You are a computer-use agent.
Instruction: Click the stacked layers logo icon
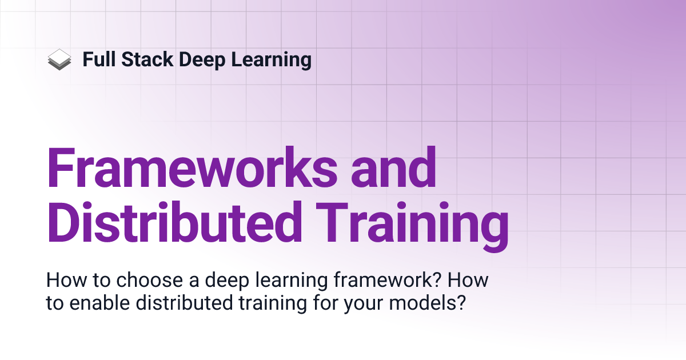tap(59, 59)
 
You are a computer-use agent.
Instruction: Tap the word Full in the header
tap(97, 59)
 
